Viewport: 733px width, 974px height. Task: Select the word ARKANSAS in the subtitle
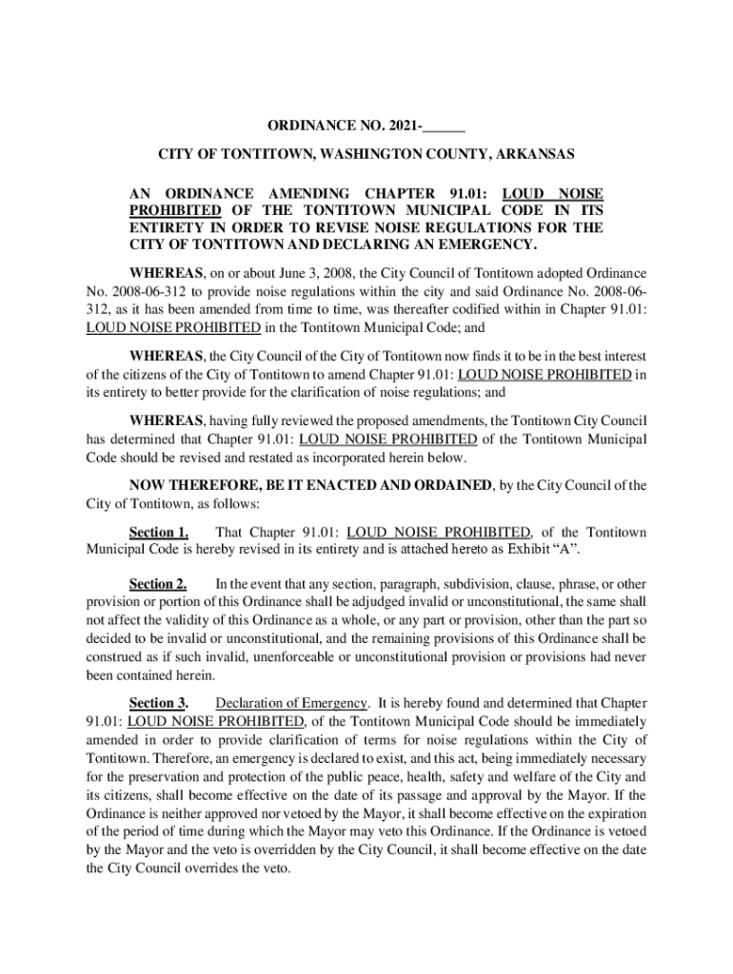pyautogui.click(x=535, y=154)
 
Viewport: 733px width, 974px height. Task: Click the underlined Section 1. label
pyautogui.click(x=159, y=532)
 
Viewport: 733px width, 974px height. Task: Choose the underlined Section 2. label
pyautogui.click(x=159, y=584)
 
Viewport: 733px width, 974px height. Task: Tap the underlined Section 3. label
pyautogui.click(x=159, y=704)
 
